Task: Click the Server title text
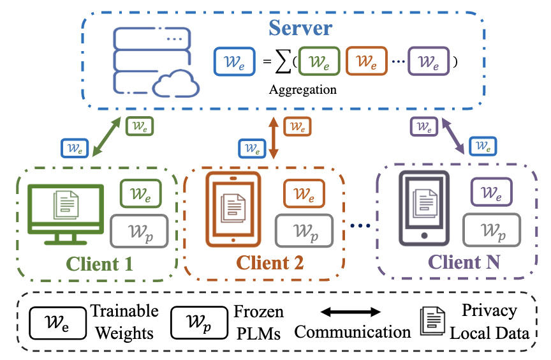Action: tap(300, 29)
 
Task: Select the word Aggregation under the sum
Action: tap(302, 89)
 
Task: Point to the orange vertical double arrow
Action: tap(274, 138)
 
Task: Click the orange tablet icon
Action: tap(230, 209)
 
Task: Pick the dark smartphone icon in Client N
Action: tap(422, 209)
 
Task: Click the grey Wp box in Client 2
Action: tap(304, 229)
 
